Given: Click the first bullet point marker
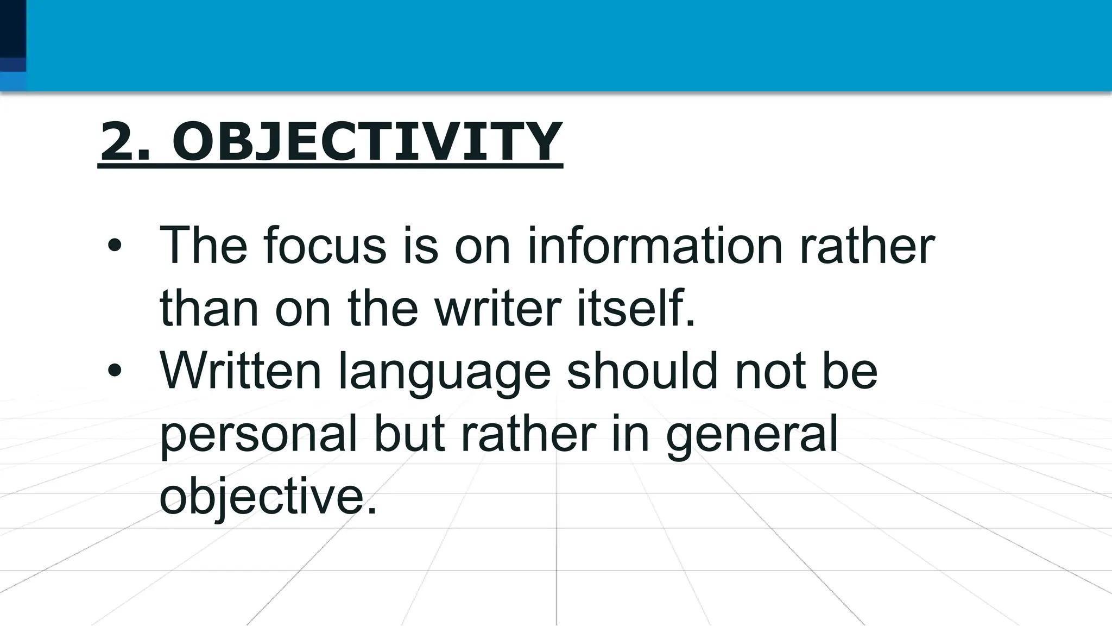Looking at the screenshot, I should pos(115,246).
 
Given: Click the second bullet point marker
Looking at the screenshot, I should pos(115,371).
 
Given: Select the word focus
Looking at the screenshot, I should pos(325,246).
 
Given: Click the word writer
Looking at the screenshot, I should pos(497,309).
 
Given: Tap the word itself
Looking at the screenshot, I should pos(635,309).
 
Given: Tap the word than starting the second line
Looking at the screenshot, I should pos(208,309).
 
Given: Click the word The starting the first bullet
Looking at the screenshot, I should pos(203,246).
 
